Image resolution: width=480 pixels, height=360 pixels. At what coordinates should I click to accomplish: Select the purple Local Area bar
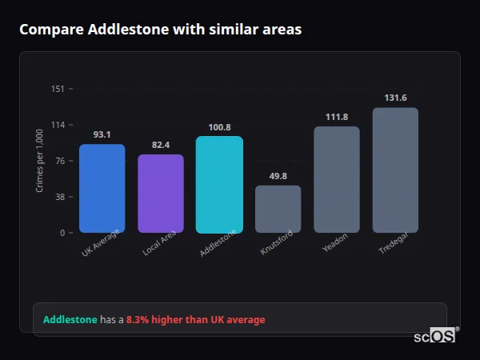tap(161, 194)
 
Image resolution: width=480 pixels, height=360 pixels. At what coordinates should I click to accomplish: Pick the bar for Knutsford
tap(278, 209)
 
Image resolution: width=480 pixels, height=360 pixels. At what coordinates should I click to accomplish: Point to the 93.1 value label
tap(102, 134)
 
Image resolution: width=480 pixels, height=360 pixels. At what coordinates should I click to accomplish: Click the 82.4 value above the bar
tap(161, 145)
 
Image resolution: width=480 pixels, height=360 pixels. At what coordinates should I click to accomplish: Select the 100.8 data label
tap(219, 126)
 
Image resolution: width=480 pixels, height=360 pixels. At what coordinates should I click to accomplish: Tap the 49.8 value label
tap(278, 176)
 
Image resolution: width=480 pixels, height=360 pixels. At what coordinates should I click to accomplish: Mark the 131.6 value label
tap(395, 98)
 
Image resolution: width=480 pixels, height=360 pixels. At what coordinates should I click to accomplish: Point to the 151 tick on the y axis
tap(58, 89)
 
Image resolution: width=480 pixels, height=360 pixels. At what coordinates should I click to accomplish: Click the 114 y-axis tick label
tap(58, 125)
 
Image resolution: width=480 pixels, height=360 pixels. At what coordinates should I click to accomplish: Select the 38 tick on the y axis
tap(59, 197)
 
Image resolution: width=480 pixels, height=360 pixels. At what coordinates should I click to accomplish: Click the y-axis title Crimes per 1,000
tap(39, 161)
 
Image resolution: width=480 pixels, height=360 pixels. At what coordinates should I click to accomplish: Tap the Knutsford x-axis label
tap(277, 242)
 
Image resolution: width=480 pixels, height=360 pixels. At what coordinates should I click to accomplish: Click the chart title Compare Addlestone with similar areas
tap(161, 30)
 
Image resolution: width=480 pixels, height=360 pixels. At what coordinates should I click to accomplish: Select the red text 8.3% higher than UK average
tap(195, 320)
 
